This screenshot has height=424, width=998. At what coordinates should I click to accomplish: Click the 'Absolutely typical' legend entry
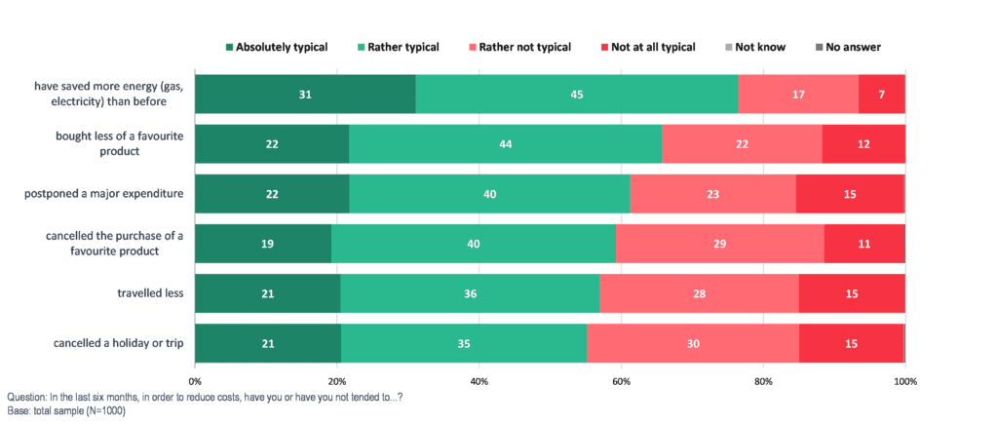click(x=276, y=47)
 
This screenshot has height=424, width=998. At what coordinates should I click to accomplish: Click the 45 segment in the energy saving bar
click(x=577, y=94)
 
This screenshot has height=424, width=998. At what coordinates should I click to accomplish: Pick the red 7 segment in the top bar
click(x=882, y=94)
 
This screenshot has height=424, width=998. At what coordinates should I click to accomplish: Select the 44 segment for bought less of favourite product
click(x=505, y=144)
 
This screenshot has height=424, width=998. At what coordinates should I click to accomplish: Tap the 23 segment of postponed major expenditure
click(x=712, y=194)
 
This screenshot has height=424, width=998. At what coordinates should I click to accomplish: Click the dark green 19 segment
click(x=263, y=244)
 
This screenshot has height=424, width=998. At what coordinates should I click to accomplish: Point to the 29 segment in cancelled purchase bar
click(x=719, y=244)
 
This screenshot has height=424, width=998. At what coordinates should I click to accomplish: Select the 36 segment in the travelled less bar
click(x=470, y=293)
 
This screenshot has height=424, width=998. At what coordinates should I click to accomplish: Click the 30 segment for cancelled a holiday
click(x=693, y=343)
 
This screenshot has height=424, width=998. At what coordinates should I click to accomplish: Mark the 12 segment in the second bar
click(x=864, y=144)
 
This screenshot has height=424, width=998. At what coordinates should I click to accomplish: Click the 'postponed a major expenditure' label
click(x=106, y=194)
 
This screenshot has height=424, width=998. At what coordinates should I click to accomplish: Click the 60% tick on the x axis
click(x=621, y=380)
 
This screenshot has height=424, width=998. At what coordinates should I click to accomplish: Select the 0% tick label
click(x=195, y=380)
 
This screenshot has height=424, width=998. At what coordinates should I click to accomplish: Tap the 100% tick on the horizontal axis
click(x=904, y=380)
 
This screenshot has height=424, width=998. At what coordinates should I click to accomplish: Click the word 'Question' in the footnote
click(x=24, y=397)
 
